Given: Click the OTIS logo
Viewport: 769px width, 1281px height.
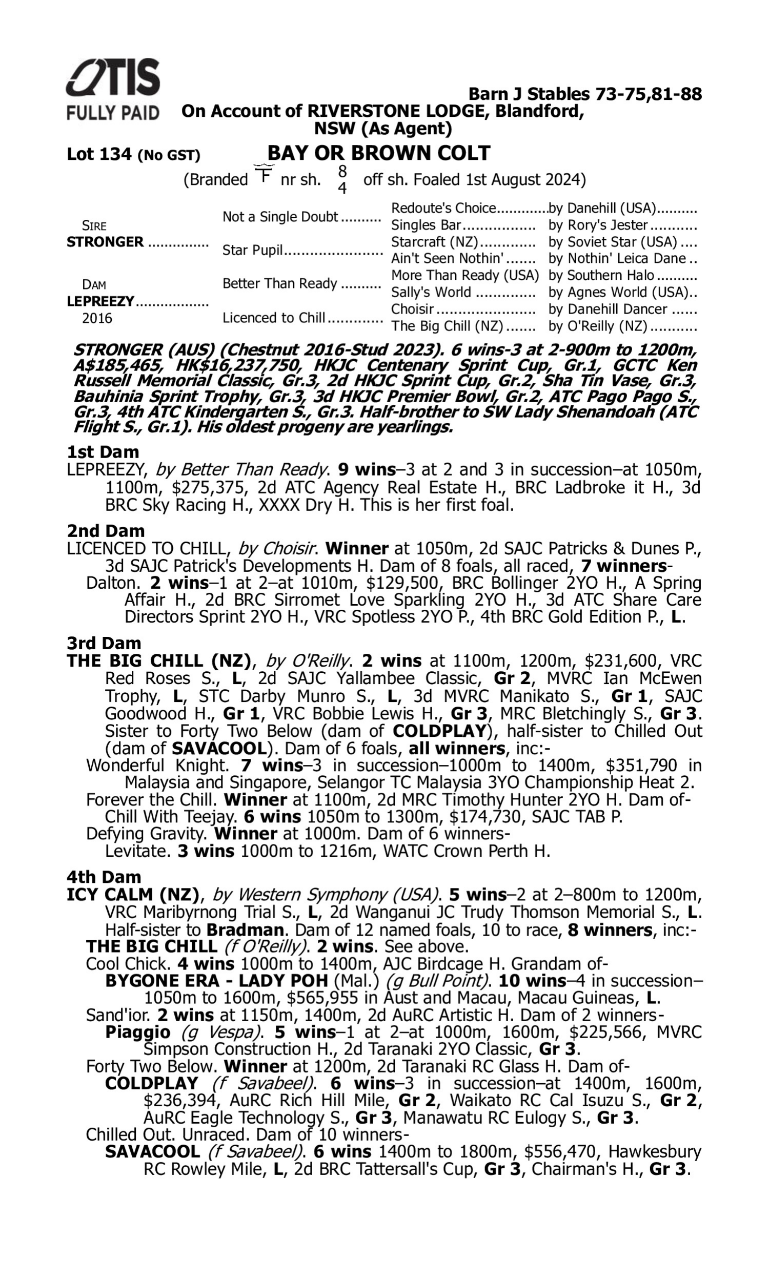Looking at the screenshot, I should (113, 78).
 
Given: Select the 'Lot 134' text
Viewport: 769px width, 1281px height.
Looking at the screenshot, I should (99, 155).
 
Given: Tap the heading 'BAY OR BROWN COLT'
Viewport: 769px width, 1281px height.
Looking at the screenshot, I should (378, 153).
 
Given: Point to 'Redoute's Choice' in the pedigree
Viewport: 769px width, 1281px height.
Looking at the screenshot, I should (443, 208).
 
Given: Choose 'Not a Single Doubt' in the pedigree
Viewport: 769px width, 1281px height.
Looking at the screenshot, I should (280, 217).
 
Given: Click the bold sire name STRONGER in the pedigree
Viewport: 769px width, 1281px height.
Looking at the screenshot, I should (105, 242).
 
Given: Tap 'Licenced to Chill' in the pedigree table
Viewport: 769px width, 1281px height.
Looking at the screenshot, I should (274, 318).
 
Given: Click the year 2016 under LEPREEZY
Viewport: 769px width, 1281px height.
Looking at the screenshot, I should (97, 318).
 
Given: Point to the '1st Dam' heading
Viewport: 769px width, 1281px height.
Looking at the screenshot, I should (103, 452).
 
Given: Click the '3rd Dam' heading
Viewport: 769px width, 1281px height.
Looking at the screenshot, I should (104, 643).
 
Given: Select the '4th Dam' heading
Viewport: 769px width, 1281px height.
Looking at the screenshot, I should (104, 877).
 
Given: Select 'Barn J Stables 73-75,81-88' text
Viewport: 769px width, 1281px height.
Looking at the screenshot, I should (585, 94).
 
